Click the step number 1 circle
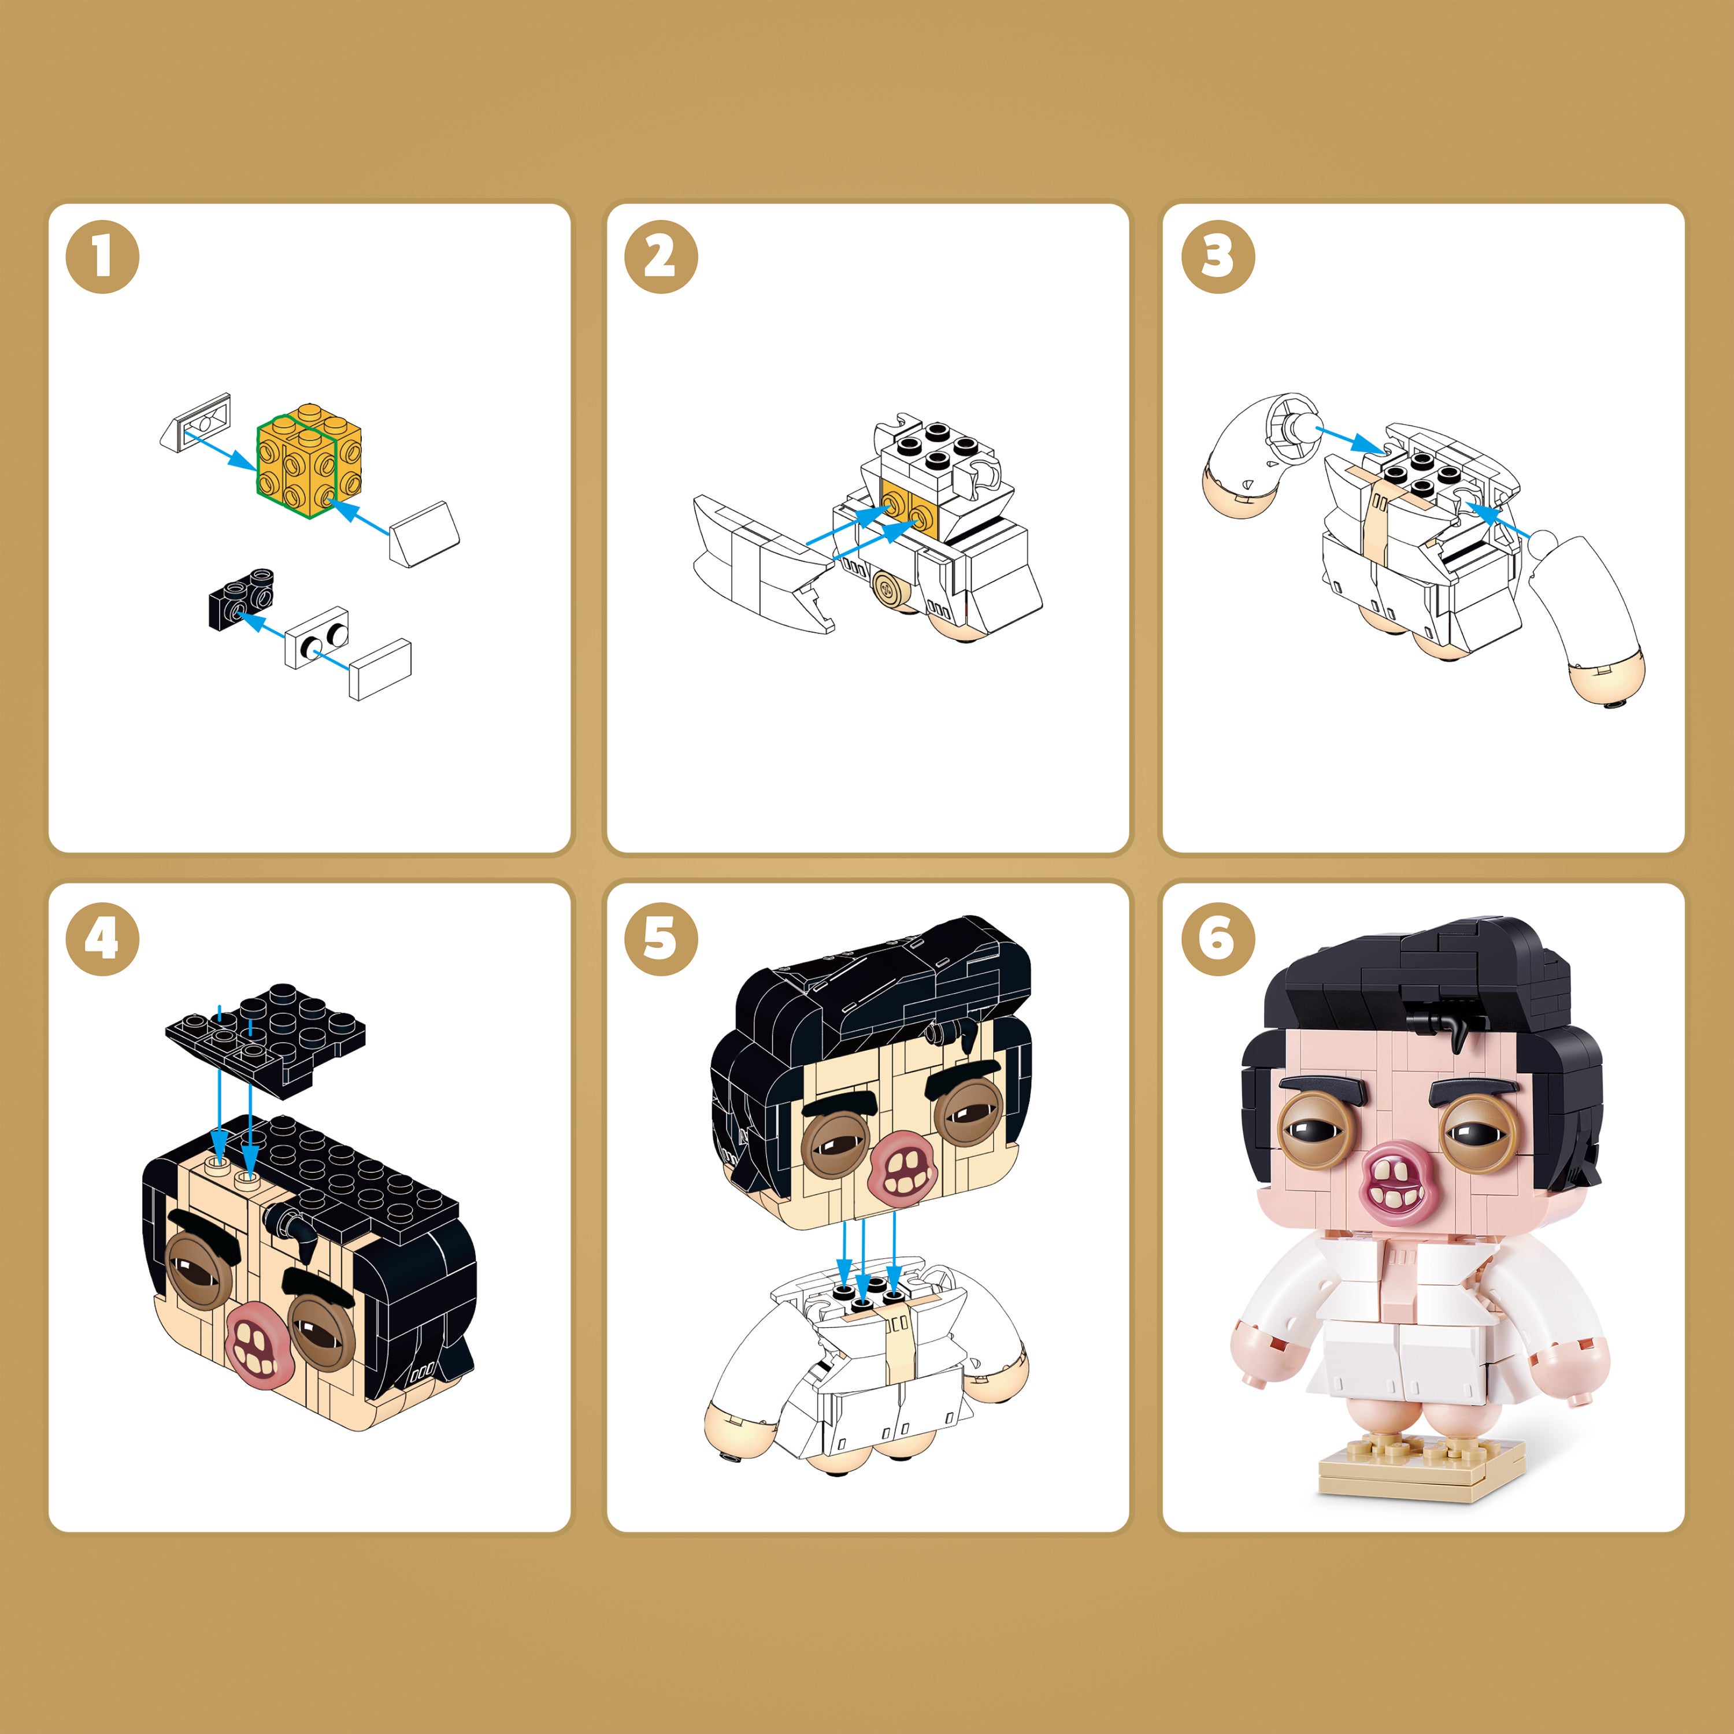click(x=102, y=257)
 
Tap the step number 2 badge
click(x=661, y=257)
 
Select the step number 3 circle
click(x=1217, y=257)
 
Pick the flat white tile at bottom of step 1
click(x=380, y=669)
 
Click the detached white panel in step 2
click(x=764, y=564)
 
